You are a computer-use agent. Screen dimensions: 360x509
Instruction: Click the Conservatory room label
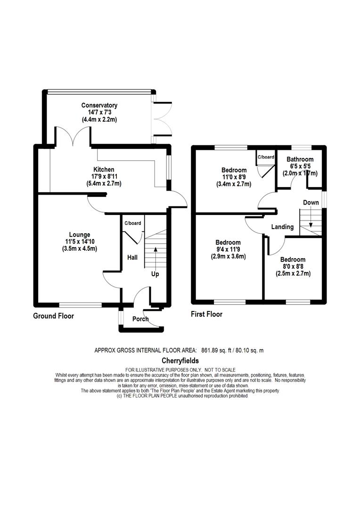[99, 105]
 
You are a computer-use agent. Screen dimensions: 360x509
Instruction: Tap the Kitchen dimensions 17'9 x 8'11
[104, 177]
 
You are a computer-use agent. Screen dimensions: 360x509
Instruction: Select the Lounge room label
[80, 235]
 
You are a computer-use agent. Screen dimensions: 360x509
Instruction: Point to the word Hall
[132, 257]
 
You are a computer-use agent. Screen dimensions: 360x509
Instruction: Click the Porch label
[140, 319]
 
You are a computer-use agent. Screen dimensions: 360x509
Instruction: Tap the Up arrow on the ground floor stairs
[155, 257]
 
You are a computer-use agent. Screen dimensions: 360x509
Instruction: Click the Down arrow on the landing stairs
[311, 217]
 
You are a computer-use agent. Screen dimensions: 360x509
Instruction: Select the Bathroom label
[300, 159]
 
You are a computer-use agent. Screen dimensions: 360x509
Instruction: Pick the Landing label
[282, 227]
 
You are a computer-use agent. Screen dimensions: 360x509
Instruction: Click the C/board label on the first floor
[266, 157]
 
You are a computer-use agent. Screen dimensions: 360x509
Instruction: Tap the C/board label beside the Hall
[133, 223]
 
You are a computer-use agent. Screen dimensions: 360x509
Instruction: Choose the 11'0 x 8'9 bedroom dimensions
[234, 177]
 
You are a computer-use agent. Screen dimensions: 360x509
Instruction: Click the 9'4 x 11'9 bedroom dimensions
[228, 249]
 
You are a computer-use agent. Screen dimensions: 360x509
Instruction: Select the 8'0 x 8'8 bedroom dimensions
[293, 266]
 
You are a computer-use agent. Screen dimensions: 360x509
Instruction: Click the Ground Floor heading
[54, 316]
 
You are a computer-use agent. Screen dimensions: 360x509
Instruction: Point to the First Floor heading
[206, 314]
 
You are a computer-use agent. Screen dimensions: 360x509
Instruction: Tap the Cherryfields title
[180, 361]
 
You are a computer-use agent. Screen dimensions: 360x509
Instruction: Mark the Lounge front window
[80, 305]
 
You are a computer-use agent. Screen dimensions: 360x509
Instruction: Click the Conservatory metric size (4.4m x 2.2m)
[99, 119]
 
